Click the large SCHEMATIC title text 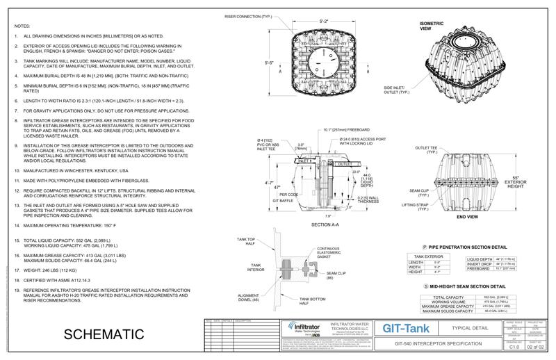(x=104, y=334)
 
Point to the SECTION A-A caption (x=325, y=226)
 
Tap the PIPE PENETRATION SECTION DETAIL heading (x=466, y=247)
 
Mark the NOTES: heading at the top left (x=22, y=24)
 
